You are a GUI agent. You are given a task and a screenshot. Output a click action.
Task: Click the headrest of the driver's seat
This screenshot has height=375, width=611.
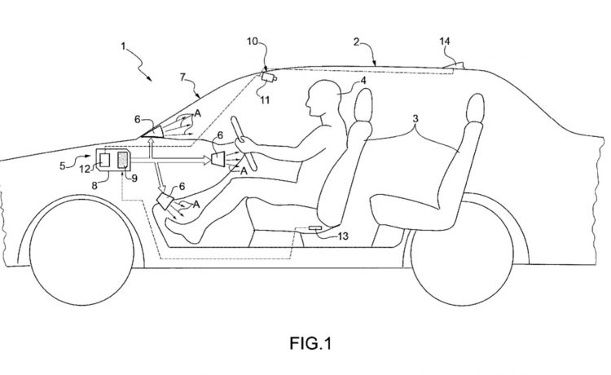click(362, 104)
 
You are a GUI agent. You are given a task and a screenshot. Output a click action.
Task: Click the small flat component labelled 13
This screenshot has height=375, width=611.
click(314, 227)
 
